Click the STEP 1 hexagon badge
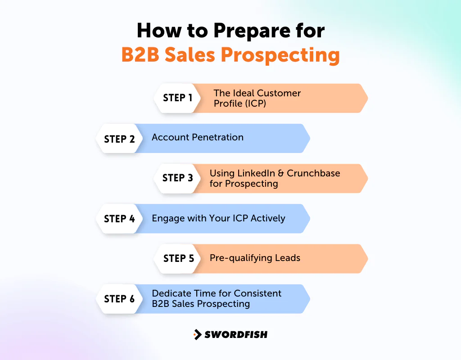click(177, 98)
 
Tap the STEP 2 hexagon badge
click(119, 139)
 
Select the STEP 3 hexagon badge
click(177, 178)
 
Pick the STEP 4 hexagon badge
click(119, 219)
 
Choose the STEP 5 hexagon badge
click(178, 258)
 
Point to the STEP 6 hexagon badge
click(119, 299)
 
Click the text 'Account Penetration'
click(198, 138)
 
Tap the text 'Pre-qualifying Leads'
click(255, 258)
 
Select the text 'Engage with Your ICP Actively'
click(218, 219)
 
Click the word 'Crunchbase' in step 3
click(313, 173)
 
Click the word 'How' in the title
click(156, 31)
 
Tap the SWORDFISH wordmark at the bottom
click(236, 334)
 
